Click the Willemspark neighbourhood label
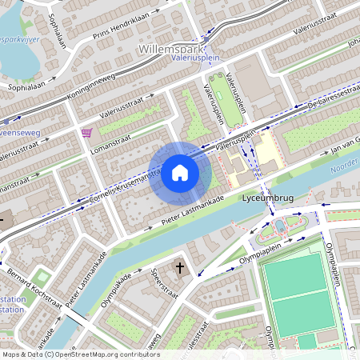[174, 49]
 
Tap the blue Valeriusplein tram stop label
[196, 58]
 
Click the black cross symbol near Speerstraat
[180, 267]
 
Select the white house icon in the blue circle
[180, 172]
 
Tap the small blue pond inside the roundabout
[280, 227]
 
